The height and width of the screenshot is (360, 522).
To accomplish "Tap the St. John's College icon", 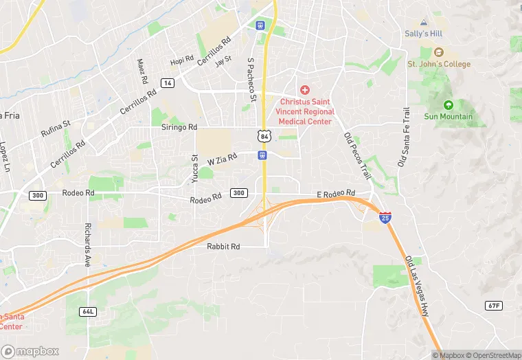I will [438, 53].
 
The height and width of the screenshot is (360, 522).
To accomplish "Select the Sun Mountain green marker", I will [449, 105].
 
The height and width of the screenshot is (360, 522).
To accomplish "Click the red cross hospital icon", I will [305, 90].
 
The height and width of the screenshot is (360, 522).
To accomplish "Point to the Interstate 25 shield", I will [387, 218].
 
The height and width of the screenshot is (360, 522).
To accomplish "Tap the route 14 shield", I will [167, 82].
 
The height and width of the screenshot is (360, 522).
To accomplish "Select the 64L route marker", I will [88, 311].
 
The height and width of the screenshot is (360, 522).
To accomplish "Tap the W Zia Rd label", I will [222, 159].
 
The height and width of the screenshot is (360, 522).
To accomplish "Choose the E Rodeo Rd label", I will [336, 194].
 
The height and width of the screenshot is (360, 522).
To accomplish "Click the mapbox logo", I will [30, 350].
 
